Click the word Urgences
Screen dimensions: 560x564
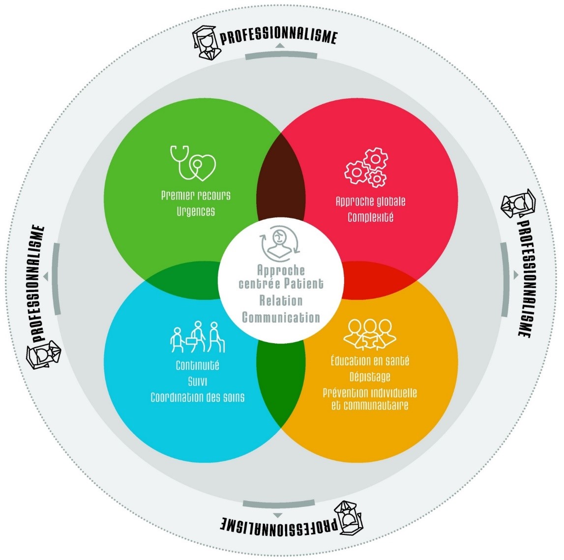click(196, 212)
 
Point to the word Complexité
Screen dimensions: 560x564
click(370, 217)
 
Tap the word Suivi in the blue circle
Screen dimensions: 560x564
click(197, 382)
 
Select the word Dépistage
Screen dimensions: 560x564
click(370, 377)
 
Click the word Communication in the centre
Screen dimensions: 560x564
click(281, 317)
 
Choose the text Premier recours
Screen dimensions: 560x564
click(196, 196)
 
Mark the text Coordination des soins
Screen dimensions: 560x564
click(197, 397)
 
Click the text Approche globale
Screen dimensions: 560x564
click(370, 201)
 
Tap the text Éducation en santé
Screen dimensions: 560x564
click(370, 361)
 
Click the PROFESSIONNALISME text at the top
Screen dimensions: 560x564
click(278, 36)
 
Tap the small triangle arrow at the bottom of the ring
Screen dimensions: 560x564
click(278, 515)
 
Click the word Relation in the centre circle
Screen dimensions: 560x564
click(281, 301)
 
